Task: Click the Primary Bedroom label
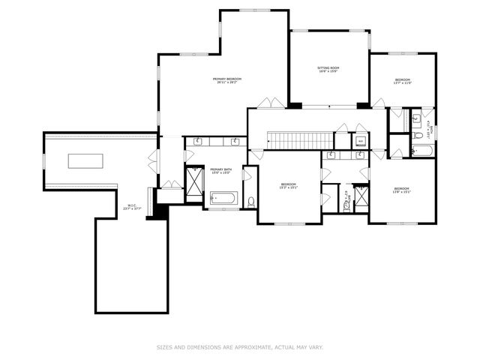coord(226,80)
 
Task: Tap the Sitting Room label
coord(328,70)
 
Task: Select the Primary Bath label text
coord(220,171)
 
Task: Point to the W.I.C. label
coord(132,207)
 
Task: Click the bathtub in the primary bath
coord(223,199)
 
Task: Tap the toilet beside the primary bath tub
coord(250,201)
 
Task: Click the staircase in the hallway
coord(300,139)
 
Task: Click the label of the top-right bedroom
coord(403,82)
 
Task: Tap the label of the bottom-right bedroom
coord(401,190)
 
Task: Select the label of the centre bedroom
coord(289,186)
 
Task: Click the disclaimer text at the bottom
coord(240,347)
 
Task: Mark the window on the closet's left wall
coord(44,160)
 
